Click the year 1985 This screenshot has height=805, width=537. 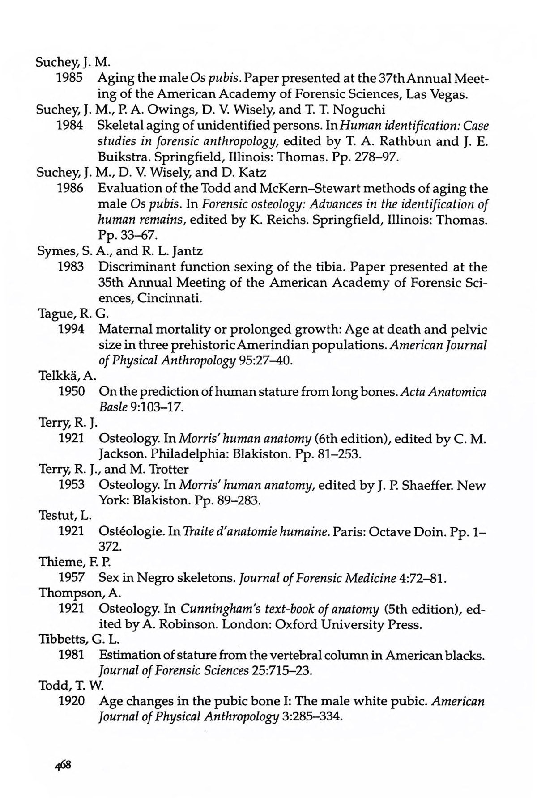pyautogui.click(x=70, y=79)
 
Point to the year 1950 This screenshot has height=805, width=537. pyautogui.click(x=72, y=392)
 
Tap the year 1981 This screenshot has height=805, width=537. pyautogui.click(x=72, y=655)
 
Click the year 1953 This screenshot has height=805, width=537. pyautogui.click(x=72, y=485)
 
